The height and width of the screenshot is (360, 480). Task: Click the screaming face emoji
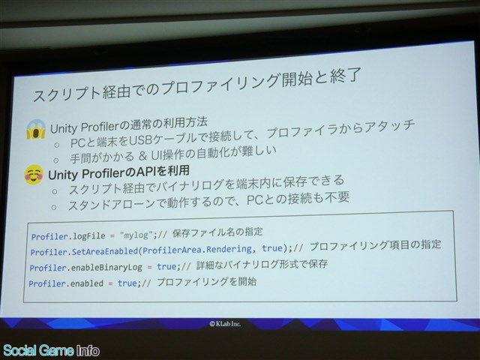coord(36,130)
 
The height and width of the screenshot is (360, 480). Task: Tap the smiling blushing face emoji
coord(34,175)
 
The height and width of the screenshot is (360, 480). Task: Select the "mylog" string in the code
coord(136,235)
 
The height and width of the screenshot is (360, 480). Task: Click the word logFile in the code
coord(88,236)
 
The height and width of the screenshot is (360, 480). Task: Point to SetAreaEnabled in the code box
coord(105,252)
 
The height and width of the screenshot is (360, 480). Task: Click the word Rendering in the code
coord(229,249)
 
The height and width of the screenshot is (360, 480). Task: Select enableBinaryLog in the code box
coord(106,268)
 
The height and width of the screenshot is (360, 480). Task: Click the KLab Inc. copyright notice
coord(225,323)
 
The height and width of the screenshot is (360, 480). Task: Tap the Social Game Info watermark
coord(51,350)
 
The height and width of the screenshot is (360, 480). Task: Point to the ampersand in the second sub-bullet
coord(142,156)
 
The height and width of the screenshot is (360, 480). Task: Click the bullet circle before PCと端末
coord(56,145)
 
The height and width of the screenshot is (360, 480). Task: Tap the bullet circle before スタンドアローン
coord(53,207)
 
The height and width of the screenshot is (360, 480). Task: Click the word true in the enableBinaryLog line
coord(166,267)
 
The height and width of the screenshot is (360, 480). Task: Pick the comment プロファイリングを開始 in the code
coord(207,282)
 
